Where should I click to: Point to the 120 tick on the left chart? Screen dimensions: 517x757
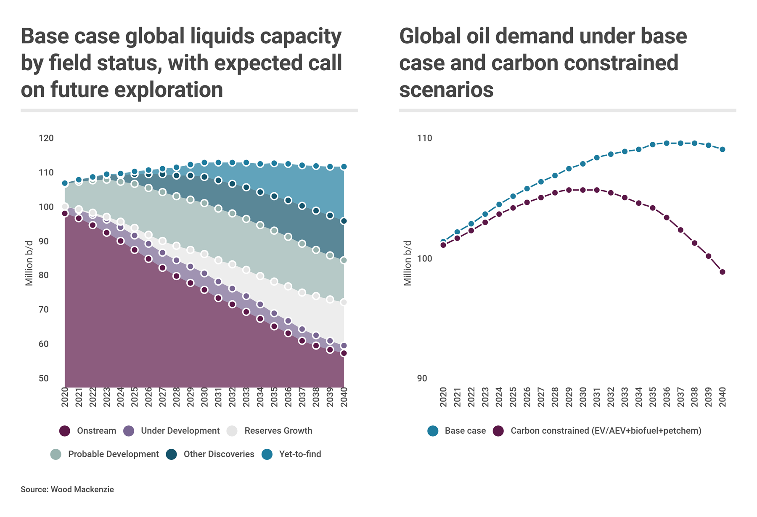[46, 138]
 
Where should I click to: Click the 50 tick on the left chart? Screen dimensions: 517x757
[44, 378]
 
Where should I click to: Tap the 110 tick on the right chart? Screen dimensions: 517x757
[424, 138]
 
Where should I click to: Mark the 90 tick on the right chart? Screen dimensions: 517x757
[422, 378]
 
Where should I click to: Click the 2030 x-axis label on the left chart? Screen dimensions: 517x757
[204, 397]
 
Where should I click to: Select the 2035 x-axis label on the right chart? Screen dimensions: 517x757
[653, 397]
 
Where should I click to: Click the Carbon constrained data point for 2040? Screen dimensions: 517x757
[723, 272]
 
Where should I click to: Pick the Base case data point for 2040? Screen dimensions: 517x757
[723, 149]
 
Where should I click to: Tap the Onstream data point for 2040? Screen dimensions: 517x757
[344, 353]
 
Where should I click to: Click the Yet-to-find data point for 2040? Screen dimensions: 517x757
[344, 167]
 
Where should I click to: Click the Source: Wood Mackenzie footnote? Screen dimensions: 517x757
[67, 490]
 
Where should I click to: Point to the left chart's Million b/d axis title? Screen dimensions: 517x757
[29, 263]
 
